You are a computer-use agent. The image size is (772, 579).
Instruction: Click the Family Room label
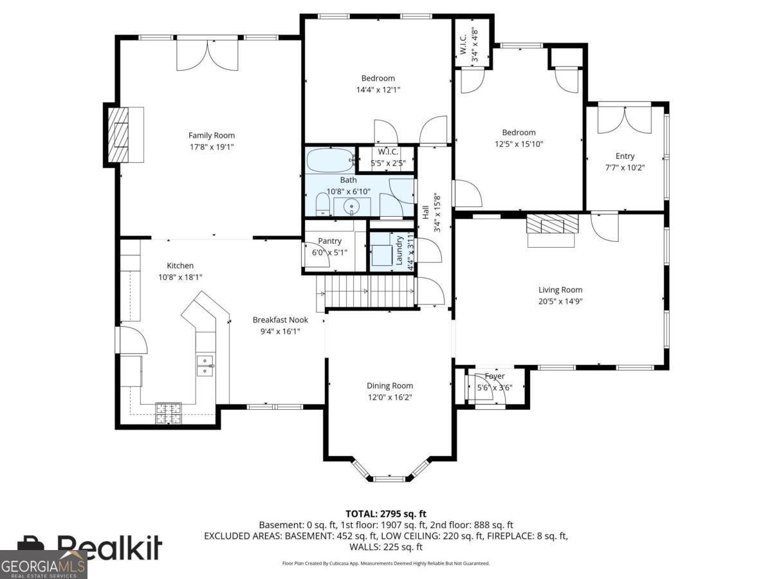point(211,135)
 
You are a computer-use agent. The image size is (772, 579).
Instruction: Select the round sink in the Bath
point(352,207)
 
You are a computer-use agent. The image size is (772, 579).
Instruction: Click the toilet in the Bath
point(322,206)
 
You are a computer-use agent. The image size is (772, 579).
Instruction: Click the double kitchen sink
point(205,365)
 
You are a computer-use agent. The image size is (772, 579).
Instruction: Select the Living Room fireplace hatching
point(552,225)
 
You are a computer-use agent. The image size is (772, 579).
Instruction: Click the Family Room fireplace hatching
point(118,135)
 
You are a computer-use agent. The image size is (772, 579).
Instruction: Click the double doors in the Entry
point(624,119)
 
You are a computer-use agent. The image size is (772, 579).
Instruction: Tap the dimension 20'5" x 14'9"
point(560,301)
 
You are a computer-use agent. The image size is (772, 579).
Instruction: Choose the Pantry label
point(329,241)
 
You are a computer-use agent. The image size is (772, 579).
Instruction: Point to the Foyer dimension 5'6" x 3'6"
point(494,388)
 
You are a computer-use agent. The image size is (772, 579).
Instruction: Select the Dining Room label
point(390,386)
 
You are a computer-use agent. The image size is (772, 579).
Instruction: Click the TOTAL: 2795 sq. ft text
point(386,513)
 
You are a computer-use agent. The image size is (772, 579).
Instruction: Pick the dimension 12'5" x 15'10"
point(519,144)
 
